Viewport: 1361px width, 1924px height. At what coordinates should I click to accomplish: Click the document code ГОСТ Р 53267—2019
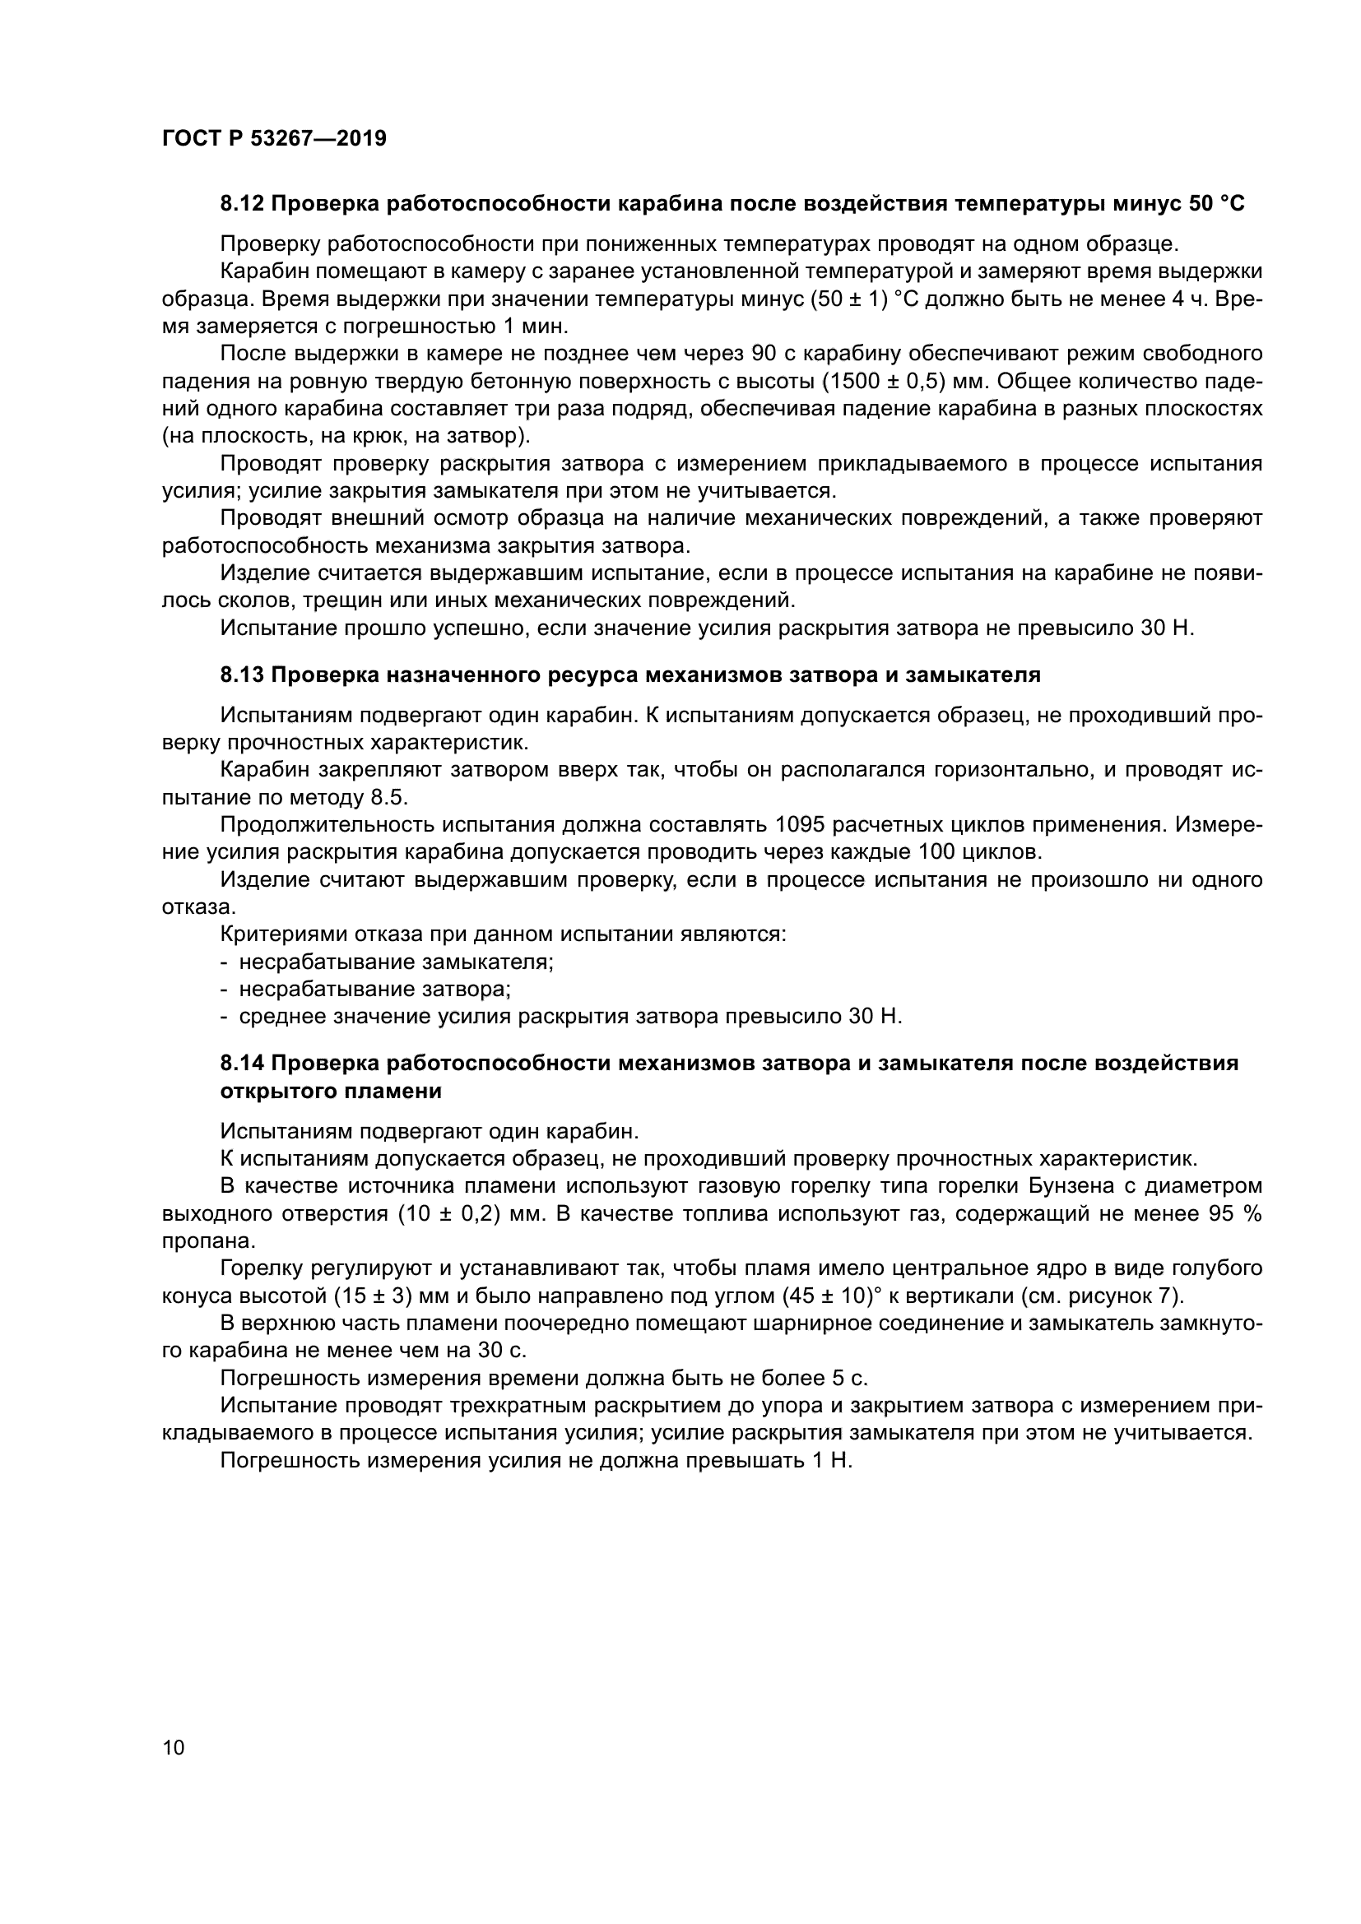point(274,139)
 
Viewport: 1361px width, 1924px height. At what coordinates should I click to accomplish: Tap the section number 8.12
point(242,204)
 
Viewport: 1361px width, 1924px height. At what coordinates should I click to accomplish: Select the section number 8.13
point(242,675)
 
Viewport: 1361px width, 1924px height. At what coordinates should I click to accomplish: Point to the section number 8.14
point(242,1064)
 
